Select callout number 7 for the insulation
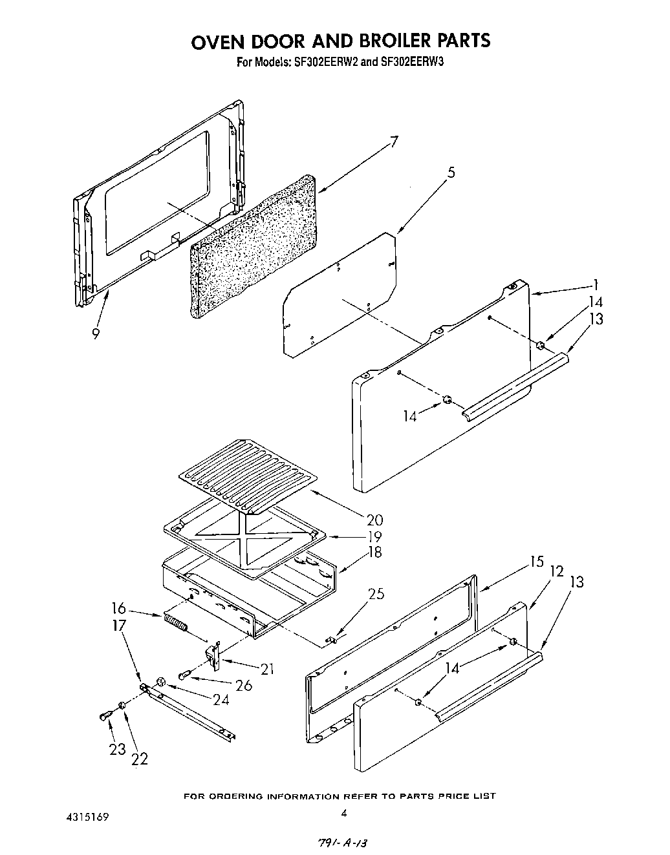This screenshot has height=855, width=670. [394, 142]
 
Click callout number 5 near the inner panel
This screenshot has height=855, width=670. [451, 173]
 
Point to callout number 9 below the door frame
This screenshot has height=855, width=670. [96, 333]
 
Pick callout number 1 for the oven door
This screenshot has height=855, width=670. [596, 284]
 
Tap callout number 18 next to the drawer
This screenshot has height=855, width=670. [374, 553]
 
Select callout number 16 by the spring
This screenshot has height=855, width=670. [118, 609]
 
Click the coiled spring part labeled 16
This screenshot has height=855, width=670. [175, 624]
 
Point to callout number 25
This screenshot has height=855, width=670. [376, 593]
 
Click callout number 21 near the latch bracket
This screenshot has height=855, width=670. [266, 669]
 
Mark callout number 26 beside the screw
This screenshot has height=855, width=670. [244, 685]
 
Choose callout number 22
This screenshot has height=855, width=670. [139, 758]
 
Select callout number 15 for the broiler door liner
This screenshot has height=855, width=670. [536, 562]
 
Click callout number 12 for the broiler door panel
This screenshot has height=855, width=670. [556, 571]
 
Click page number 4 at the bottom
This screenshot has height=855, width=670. [344, 812]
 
